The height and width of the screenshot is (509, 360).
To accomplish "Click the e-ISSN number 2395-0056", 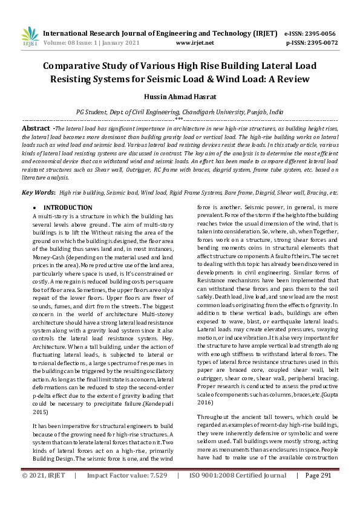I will (x=319, y=34).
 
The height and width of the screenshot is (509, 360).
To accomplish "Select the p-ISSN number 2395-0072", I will (x=319, y=44).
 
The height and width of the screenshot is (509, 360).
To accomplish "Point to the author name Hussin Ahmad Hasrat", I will (x=179, y=97).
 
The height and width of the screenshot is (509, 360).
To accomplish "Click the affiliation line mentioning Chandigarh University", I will (x=179, y=112).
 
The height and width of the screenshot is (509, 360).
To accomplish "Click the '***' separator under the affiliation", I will (x=179, y=120).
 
